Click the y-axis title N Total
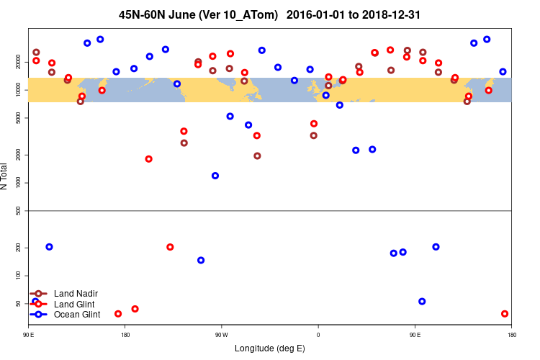5,176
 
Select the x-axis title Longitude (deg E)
270,348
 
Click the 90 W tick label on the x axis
221,334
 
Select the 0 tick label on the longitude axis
318,334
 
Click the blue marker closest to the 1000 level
215,176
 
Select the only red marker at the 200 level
170,247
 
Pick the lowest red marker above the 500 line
148,159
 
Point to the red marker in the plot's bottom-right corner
505,314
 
